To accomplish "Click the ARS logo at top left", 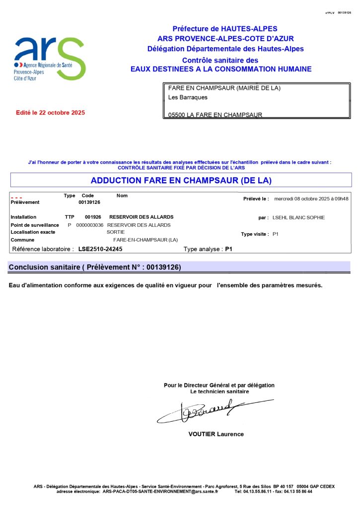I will [50, 59].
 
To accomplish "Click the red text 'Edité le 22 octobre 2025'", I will [51, 113].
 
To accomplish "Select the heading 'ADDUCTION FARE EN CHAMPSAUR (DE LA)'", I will [181, 180].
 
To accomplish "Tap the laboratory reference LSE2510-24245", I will [100, 249].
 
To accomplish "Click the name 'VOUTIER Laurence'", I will [216, 434].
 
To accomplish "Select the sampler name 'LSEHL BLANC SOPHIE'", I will [295, 217].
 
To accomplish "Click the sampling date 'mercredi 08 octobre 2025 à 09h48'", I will [311, 198].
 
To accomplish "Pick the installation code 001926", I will [93, 217].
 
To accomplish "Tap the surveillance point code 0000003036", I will [90, 225].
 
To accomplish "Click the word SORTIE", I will [116, 232].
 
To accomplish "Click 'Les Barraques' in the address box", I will [188, 97].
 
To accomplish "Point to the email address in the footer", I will [160, 492].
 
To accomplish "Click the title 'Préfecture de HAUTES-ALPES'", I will [225, 29].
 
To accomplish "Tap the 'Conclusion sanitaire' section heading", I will [94, 267].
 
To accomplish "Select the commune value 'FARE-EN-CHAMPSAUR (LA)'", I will [145, 240].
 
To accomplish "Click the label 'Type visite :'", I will [255, 234].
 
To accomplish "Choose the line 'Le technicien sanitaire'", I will [219, 391].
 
